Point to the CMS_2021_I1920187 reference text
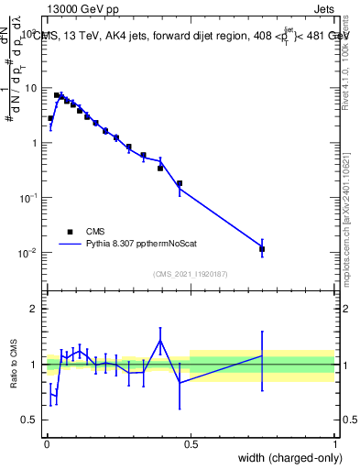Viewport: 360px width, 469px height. pyautogui.click(x=191, y=274)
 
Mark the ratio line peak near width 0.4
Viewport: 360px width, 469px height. pyautogui.click(x=160, y=341)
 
